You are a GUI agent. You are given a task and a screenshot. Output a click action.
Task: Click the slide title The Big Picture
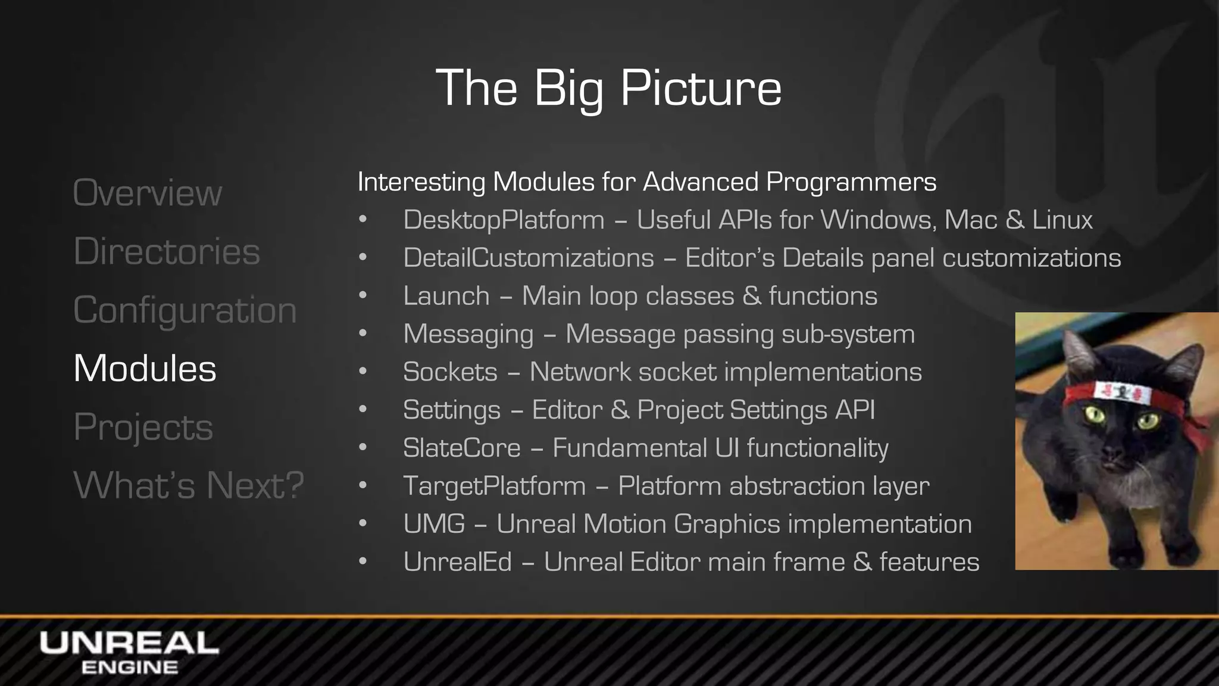(x=608, y=88)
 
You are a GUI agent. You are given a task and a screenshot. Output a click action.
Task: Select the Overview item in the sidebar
(x=147, y=193)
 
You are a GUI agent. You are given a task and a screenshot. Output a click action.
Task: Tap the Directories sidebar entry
(x=167, y=251)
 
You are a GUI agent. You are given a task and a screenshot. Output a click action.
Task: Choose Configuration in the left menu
(x=185, y=310)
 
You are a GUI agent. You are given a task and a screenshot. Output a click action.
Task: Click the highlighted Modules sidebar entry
(x=145, y=368)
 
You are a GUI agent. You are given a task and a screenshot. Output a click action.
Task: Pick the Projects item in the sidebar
(x=143, y=427)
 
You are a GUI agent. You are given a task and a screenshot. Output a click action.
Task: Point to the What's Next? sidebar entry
(x=188, y=485)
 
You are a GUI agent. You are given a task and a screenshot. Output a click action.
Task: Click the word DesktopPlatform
(x=504, y=220)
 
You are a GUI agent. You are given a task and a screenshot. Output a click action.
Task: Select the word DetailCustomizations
(x=529, y=258)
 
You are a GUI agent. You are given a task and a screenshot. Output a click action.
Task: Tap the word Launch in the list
(x=446, y=296)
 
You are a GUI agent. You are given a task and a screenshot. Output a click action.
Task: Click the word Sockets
(x=450, y=372)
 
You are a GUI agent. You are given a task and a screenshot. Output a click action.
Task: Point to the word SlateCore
(x=462, y=448)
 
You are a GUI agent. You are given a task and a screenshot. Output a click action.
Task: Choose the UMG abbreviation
(x=434, y=524)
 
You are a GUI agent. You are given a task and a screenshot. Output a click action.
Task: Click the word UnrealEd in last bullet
(x=457, y=562)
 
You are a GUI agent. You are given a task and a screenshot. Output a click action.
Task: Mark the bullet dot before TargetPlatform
(x=363, y=486)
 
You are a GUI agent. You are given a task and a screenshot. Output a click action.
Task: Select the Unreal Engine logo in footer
(x=129, y=653)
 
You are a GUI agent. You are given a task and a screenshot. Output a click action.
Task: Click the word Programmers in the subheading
(x=851, y=182)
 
